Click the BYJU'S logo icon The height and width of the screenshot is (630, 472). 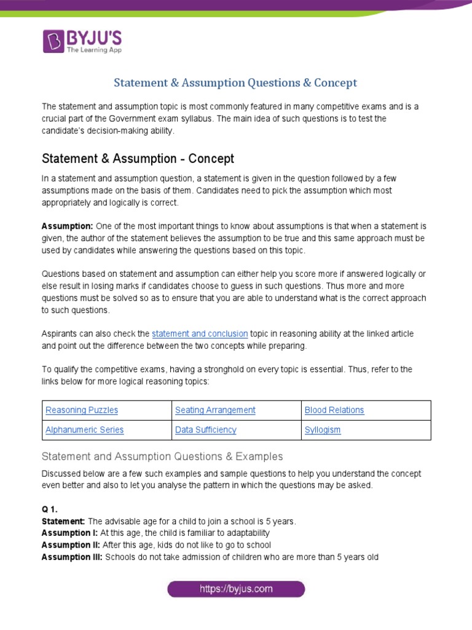point(53,41)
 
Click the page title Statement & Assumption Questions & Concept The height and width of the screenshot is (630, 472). point(236,82)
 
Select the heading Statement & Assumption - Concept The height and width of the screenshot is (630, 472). point(138,159)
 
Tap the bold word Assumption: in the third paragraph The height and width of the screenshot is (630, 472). point(67,226)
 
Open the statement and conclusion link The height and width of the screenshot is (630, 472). point(200,333)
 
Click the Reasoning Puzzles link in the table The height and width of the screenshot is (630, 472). point(82,410)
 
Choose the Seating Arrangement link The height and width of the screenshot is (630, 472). point(215,410)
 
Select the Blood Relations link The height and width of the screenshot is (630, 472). point(334,410)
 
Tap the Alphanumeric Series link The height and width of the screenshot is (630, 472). point(85,430)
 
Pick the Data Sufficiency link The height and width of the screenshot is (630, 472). point(205,430)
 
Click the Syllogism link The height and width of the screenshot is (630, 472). point(323,430)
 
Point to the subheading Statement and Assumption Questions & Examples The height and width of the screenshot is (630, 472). point(162,457)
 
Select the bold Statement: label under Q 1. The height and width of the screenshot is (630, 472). point(63,522)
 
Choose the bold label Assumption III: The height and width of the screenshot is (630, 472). point(72,557)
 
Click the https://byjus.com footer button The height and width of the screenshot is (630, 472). point(236,589)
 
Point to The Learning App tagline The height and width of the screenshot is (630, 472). point(94,50)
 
